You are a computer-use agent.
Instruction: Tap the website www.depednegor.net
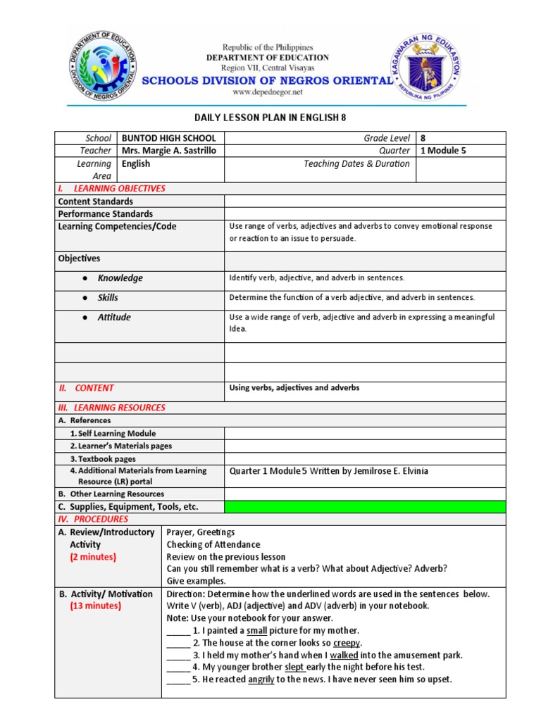267,92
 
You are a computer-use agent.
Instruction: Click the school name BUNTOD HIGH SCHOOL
169,138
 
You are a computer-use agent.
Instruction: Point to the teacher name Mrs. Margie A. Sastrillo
169,151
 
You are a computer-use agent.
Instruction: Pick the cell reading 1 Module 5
444,151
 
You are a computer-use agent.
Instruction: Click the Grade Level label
386,138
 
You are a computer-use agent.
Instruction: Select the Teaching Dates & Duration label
356,163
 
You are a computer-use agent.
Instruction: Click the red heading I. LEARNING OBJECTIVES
113,189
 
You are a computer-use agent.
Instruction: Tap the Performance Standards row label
105,214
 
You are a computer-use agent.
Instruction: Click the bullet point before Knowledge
85,278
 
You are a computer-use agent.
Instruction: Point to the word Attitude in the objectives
114,318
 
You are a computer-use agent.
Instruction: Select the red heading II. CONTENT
86,388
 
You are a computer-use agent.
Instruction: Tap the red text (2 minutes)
93,557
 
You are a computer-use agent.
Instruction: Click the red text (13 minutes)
95,606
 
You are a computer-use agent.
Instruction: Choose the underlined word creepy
347,643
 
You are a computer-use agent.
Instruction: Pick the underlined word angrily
261,679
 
